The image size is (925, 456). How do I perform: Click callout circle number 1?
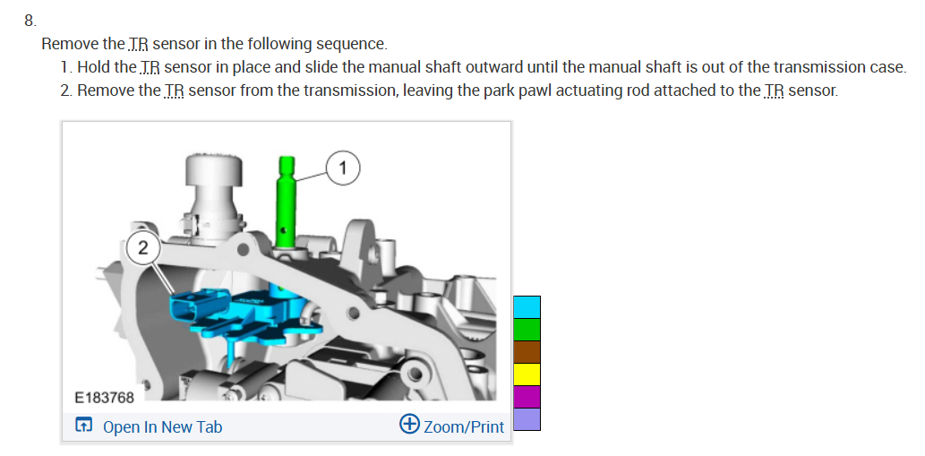pyautogui.click(x=344, y=167)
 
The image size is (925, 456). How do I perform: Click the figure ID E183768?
pyautogui.click(x=104, y=397)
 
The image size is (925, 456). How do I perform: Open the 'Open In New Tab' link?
pyautogui.click(x=162, y=427)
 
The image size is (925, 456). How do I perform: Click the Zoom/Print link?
pyautogui.click(x=464, y=427)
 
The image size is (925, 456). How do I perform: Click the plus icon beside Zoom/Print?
pyautogui.click(x=409, y=424)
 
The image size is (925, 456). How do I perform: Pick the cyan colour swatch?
pyautogui.click(x=527, y=307)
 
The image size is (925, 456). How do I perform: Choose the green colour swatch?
pyautogui.click(x=527, y=330)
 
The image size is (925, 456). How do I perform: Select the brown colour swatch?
pyautogui.click(x=527, y=352)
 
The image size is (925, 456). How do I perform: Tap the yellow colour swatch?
pyautogui.click(x=527, y=374)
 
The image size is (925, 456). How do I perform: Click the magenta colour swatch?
pyautogui.click(x=527, y=397)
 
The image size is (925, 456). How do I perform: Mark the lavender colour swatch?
pyautogui.click(x=527, y=418)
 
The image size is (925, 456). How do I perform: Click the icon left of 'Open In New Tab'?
pyautogui.click(x=83, y=426)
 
